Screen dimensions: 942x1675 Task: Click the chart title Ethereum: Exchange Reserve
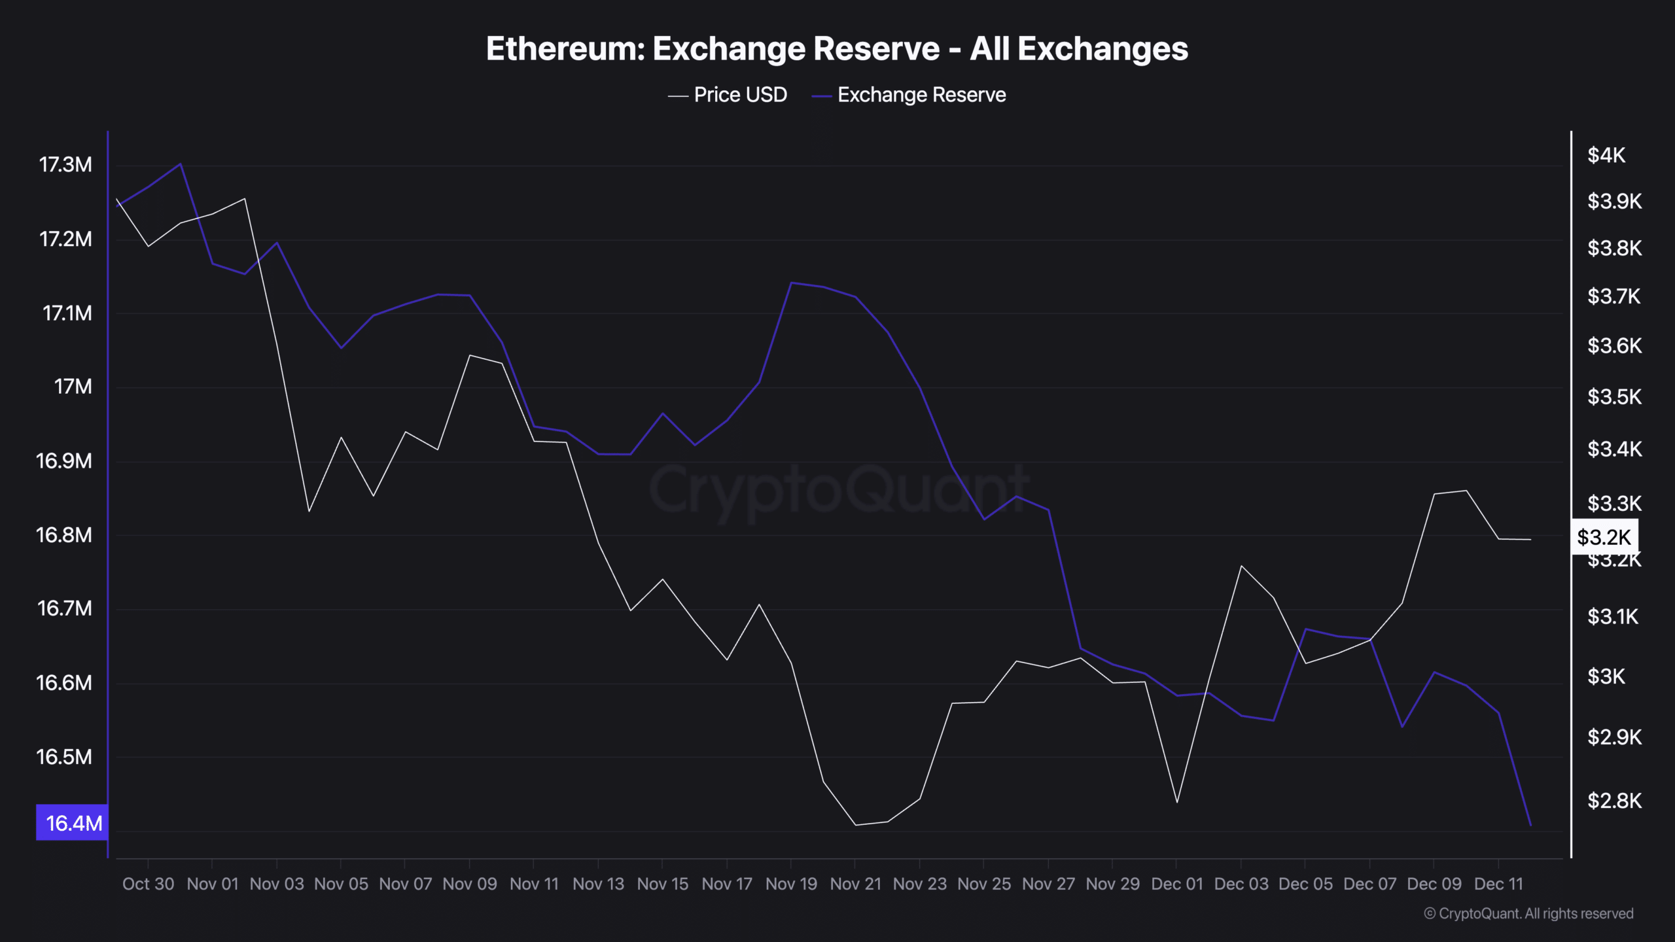tap(837, 49)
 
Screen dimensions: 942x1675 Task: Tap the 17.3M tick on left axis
tap(65, 165)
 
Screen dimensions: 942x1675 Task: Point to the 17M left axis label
tap(73, 387)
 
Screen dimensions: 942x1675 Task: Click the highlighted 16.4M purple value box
tap(72, 823)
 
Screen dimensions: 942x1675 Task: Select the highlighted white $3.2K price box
tap(1604, 537)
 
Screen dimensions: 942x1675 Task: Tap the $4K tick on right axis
tap(1606, 155)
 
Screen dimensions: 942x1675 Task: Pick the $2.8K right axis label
tap(1613, 801)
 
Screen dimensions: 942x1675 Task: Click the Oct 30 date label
tap(148, 884)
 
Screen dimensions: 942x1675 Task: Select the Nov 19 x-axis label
tap(791, 884)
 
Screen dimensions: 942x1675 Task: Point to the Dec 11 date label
tap(1498, 884)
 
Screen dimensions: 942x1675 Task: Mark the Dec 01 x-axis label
tap(1176, 884)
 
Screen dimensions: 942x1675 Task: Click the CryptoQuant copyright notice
tap(1528, 914)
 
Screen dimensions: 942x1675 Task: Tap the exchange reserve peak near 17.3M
tap(181, 164)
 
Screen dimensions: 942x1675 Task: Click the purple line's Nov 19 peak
tap(792, 283)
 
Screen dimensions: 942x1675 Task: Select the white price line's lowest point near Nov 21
tap(856, 825)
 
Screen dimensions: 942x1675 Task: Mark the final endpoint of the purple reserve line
tap(1530, 826)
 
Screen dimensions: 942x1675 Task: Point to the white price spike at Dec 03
tap(1241, 566)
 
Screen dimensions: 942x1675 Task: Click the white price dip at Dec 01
tap(1177, 802)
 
